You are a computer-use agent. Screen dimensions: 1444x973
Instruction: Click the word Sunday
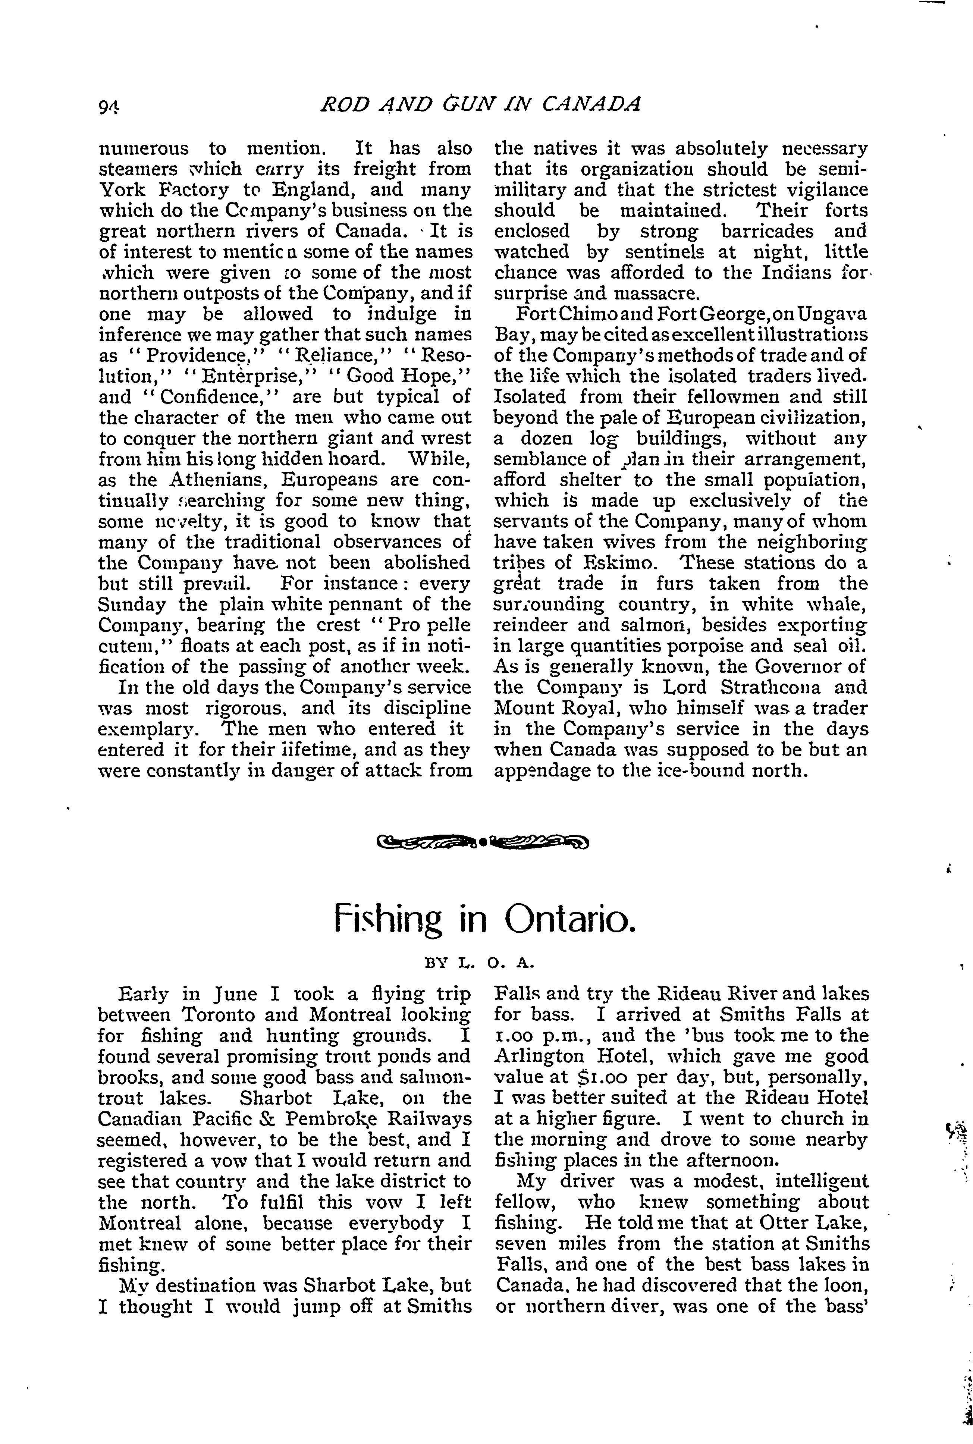pyautogui.click(x=132, y=605)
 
